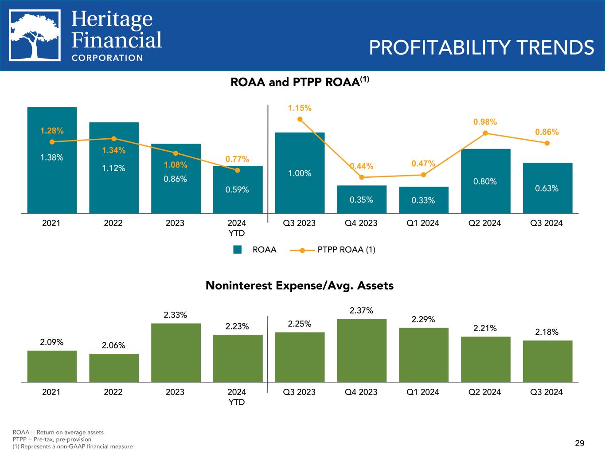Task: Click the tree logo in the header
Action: pyautogui.click(x=35, y=36)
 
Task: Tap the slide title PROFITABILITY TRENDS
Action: pyautogui.click(x=481, y=47)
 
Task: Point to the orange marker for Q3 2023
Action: pyautogui.click(x=300, y=119)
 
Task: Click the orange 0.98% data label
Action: pyautogui.click(x=485, y=122)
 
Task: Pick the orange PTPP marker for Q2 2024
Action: pyautogui.click(x=485, y=133)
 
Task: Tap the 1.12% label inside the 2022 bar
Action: pyautogui.click(x=113, y=168)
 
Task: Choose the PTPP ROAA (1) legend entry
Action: pyautogui.click(x=332, y=250)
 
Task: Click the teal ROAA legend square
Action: pyautogui.click(x=238, y=250)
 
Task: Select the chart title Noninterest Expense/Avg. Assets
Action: pyautogui.click(x=299, y=286)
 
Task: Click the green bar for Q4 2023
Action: pyautogui.click(x=362, y=350)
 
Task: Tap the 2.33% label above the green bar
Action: pyautogui.click(x=176, y=315)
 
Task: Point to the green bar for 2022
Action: pyautogui.click(x=114, y=368)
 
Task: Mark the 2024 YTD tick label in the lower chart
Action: pyautogui.click(x=237, y=397)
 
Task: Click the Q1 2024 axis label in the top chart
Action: pyautogui.click(x=423, y=223)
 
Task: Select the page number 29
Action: pyautogui.click(x=579, y=443)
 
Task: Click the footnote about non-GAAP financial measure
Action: pyautogui.click(x=73, y=446)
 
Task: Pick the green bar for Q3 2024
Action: pyautogui.click(x=547, y=361)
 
